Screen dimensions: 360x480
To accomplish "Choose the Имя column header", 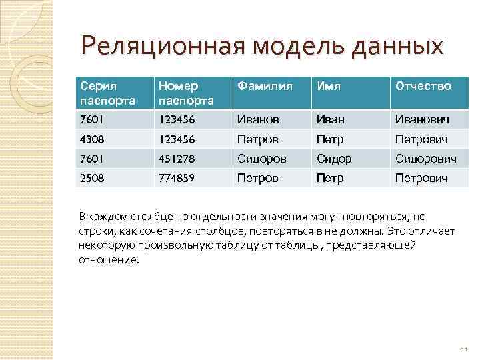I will (x=329, y=87).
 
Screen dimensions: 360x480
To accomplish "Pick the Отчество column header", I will (x=423, y=87).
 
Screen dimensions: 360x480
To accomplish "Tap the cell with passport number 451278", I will (x=177, y=159).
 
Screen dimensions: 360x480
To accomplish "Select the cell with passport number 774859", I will (x=177, y=179).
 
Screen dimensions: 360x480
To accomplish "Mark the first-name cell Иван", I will (x=330, y=120).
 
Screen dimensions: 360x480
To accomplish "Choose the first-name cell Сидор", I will (x=334, y=159).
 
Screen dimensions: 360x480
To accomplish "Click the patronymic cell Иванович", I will (x=422, y=120).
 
